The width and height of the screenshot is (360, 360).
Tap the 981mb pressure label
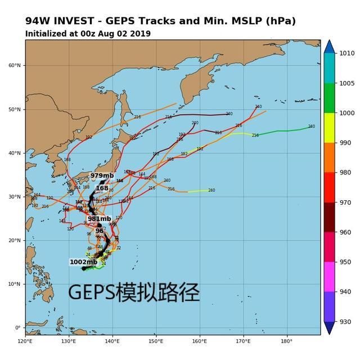coord(98,219)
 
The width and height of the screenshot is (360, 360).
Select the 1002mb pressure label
coord(83,262)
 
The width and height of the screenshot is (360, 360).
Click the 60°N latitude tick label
coord(14,65)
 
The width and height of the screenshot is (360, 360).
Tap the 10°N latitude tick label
coord(14,284)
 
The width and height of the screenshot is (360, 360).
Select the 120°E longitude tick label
coord(25,341)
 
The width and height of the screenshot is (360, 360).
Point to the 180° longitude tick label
coord(286,341)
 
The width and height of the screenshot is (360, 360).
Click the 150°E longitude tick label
coord(156,341)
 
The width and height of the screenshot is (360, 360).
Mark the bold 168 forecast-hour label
coord(102,188)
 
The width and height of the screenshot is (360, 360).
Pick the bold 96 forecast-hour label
coord(100,231)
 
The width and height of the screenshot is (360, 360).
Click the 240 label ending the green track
coord(311,127)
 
